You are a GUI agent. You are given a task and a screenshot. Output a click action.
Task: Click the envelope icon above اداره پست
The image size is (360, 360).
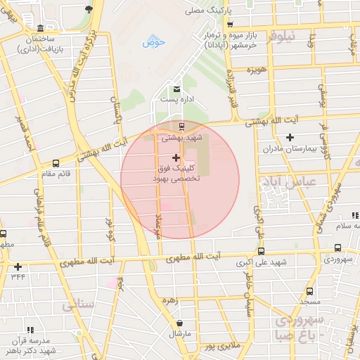[176, 89]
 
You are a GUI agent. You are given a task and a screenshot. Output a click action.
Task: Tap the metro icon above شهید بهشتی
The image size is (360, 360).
[183, 127]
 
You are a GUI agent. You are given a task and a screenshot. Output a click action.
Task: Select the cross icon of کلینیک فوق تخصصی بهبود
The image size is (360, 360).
[175, 158]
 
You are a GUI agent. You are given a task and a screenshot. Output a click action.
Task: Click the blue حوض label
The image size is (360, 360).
[153, 42]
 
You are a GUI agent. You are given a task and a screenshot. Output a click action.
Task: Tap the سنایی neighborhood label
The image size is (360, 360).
[77, 306]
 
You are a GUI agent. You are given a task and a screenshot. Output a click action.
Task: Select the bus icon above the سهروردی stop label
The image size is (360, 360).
[338, 248]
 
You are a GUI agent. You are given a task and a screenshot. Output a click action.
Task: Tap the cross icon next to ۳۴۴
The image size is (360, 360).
[18, 266]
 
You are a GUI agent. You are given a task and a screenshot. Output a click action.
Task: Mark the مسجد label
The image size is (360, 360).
[310, 301]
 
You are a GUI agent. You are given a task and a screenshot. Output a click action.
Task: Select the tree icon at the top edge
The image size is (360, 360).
[89, 8]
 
